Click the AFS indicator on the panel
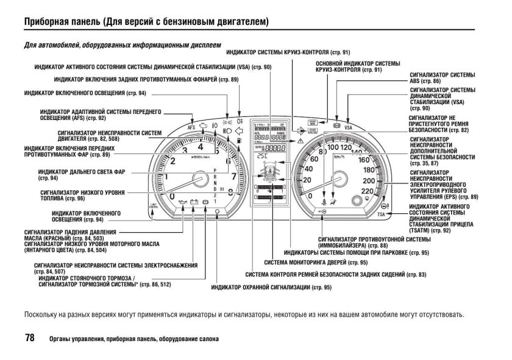(x=192, y=129)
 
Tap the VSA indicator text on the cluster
(x=348, y=128)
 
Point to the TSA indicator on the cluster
(x=382, y=214)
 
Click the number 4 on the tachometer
(x=201, y=147)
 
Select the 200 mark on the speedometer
(x=368, y=181)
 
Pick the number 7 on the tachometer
(x=233, y=177)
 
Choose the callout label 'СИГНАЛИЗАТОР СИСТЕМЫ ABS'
(x=442, y=77)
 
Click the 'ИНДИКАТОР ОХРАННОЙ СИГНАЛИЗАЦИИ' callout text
(x=271, y=286)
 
